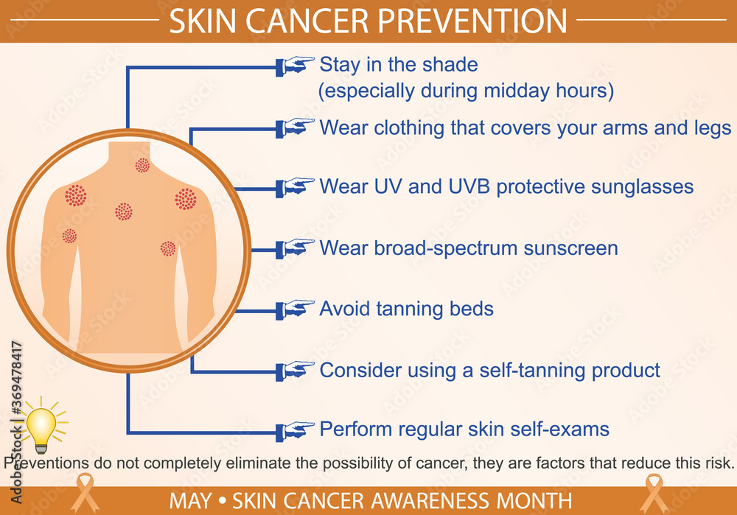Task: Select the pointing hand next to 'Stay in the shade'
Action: pyautogui.click(x=296, y=66)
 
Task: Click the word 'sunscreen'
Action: pyautogui.click(x=570, y=248)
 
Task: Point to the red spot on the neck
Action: pyautogui.click(x=142, y=166)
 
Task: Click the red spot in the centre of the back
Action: pyautogui.click(x=124, y=211)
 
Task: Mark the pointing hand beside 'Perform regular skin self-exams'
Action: pyautogui.click(x=296, y=429)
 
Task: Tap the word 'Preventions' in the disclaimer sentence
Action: pyautogui.click(x=46, y=463)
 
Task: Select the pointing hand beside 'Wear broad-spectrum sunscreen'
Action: pyautogui.click(x=296, y=248)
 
